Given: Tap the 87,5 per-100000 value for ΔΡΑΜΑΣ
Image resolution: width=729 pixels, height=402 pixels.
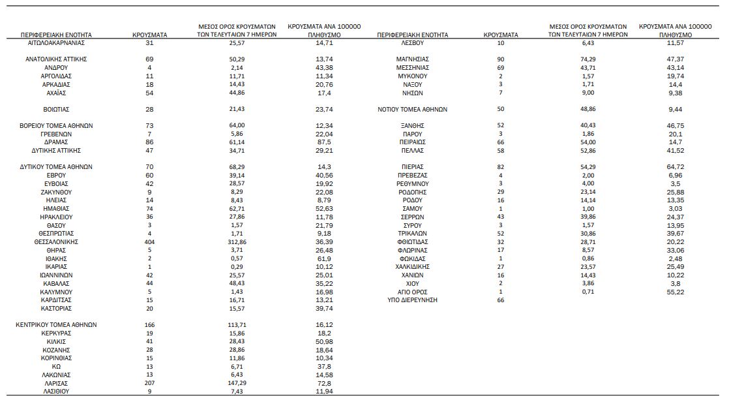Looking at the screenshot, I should point(325,142).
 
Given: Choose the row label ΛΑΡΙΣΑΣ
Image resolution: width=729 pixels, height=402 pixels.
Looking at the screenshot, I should point(55,383).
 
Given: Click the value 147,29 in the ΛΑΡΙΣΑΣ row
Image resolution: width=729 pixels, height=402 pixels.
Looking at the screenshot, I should point(237,383).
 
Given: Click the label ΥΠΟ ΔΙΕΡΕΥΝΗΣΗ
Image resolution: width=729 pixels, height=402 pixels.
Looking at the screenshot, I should point(412,300).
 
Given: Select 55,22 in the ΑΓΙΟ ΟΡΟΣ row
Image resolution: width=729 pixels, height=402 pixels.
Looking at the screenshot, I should point(675,291).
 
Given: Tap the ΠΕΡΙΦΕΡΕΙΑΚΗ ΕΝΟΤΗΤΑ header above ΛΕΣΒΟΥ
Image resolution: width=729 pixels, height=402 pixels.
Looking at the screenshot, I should point(412,35).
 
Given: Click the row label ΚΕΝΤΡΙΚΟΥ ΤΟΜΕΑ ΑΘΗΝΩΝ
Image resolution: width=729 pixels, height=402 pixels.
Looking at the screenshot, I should point(55,324).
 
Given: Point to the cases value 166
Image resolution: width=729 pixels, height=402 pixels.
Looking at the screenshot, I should point(149,324).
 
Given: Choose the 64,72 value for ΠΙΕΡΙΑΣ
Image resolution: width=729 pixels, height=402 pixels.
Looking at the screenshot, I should point(675,167).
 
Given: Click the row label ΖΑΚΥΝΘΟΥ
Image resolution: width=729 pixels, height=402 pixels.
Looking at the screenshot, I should point(55,192).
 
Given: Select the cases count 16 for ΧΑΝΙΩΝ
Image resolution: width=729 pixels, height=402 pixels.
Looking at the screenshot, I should point(501,275).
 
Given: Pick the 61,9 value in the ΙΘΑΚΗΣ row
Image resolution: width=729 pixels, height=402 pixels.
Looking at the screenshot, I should point(325,258).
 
